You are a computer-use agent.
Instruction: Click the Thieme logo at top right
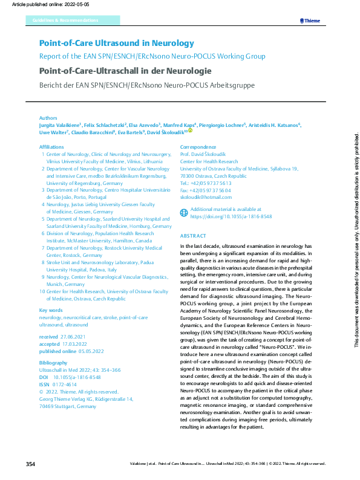click(x=310, y=21)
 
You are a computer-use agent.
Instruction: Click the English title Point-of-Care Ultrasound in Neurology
click(x=117, y=44)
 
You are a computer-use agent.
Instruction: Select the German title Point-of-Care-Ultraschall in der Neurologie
click(x=125, y=71)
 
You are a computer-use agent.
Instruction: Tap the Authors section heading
click(x=48, y=118)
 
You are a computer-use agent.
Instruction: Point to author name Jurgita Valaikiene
click(x=59, y=125)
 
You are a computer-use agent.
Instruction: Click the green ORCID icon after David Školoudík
click(x=189, y=131)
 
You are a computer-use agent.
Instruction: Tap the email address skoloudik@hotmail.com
click(x=206, y=197)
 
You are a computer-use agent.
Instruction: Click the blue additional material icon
click(x=185, y=212)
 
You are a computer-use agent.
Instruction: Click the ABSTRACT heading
click(x=193, y=236)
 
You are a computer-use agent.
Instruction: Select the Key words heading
click(x=51, y=310)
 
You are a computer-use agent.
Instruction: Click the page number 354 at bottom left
click(x=31, y=464)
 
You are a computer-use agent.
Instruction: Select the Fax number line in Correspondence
click(x=206, y=190)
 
